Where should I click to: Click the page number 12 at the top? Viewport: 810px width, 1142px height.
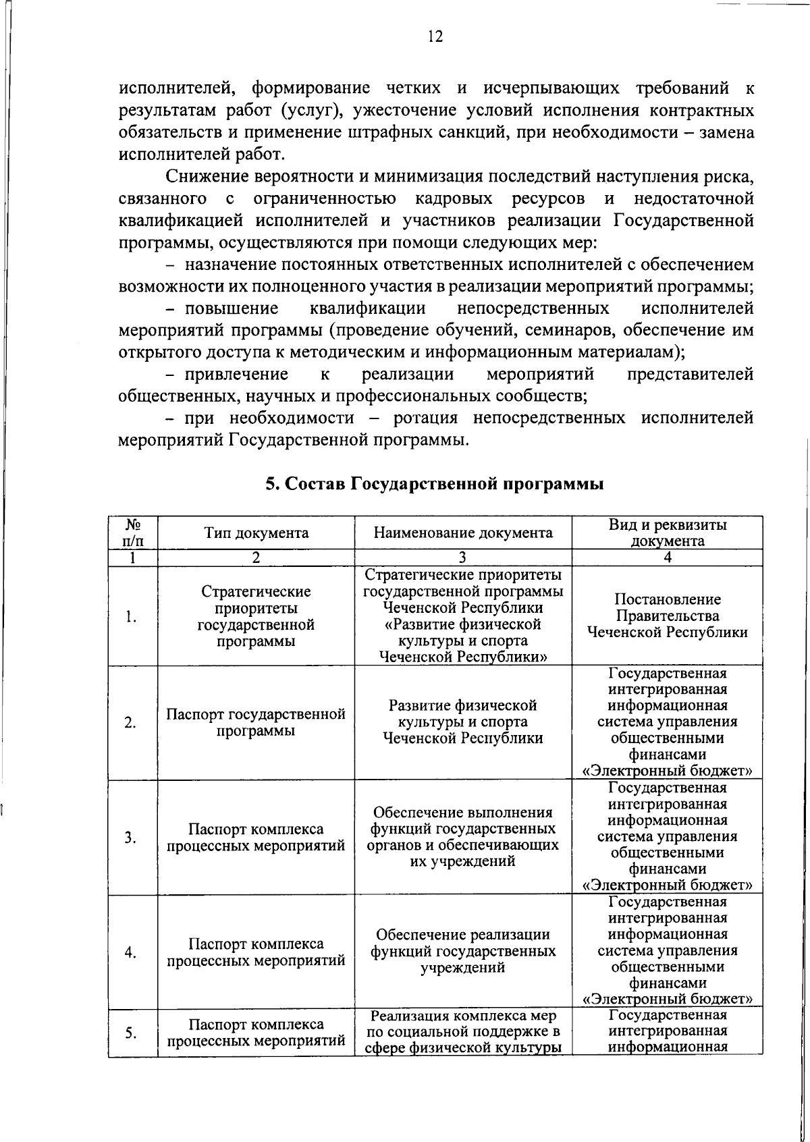tap(435, 36)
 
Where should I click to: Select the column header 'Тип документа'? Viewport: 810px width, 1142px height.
tap(256, 533)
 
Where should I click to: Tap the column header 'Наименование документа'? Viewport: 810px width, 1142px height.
tap(463, 533)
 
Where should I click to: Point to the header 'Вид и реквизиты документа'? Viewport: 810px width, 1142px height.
tap(667, 533)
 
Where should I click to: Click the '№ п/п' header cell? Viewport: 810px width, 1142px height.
tap(133, 533)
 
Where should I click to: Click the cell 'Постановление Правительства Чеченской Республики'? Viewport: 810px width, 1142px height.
tap(667, 616)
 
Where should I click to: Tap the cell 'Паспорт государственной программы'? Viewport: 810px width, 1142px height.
tap(256, 722)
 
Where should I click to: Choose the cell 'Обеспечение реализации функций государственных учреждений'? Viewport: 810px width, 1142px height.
tap(463, 951)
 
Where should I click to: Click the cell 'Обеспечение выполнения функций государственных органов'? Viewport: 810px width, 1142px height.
tap(463, 837)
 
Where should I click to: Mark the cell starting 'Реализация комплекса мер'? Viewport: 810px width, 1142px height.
tap(463, 1032)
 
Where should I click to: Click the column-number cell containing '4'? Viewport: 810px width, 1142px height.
tap(667, 558)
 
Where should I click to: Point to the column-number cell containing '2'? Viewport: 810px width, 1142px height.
tap(256, 558)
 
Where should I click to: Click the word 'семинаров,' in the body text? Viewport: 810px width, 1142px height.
tap(574, 331)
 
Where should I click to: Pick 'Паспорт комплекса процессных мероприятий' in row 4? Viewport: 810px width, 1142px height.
tap(256, 952)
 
